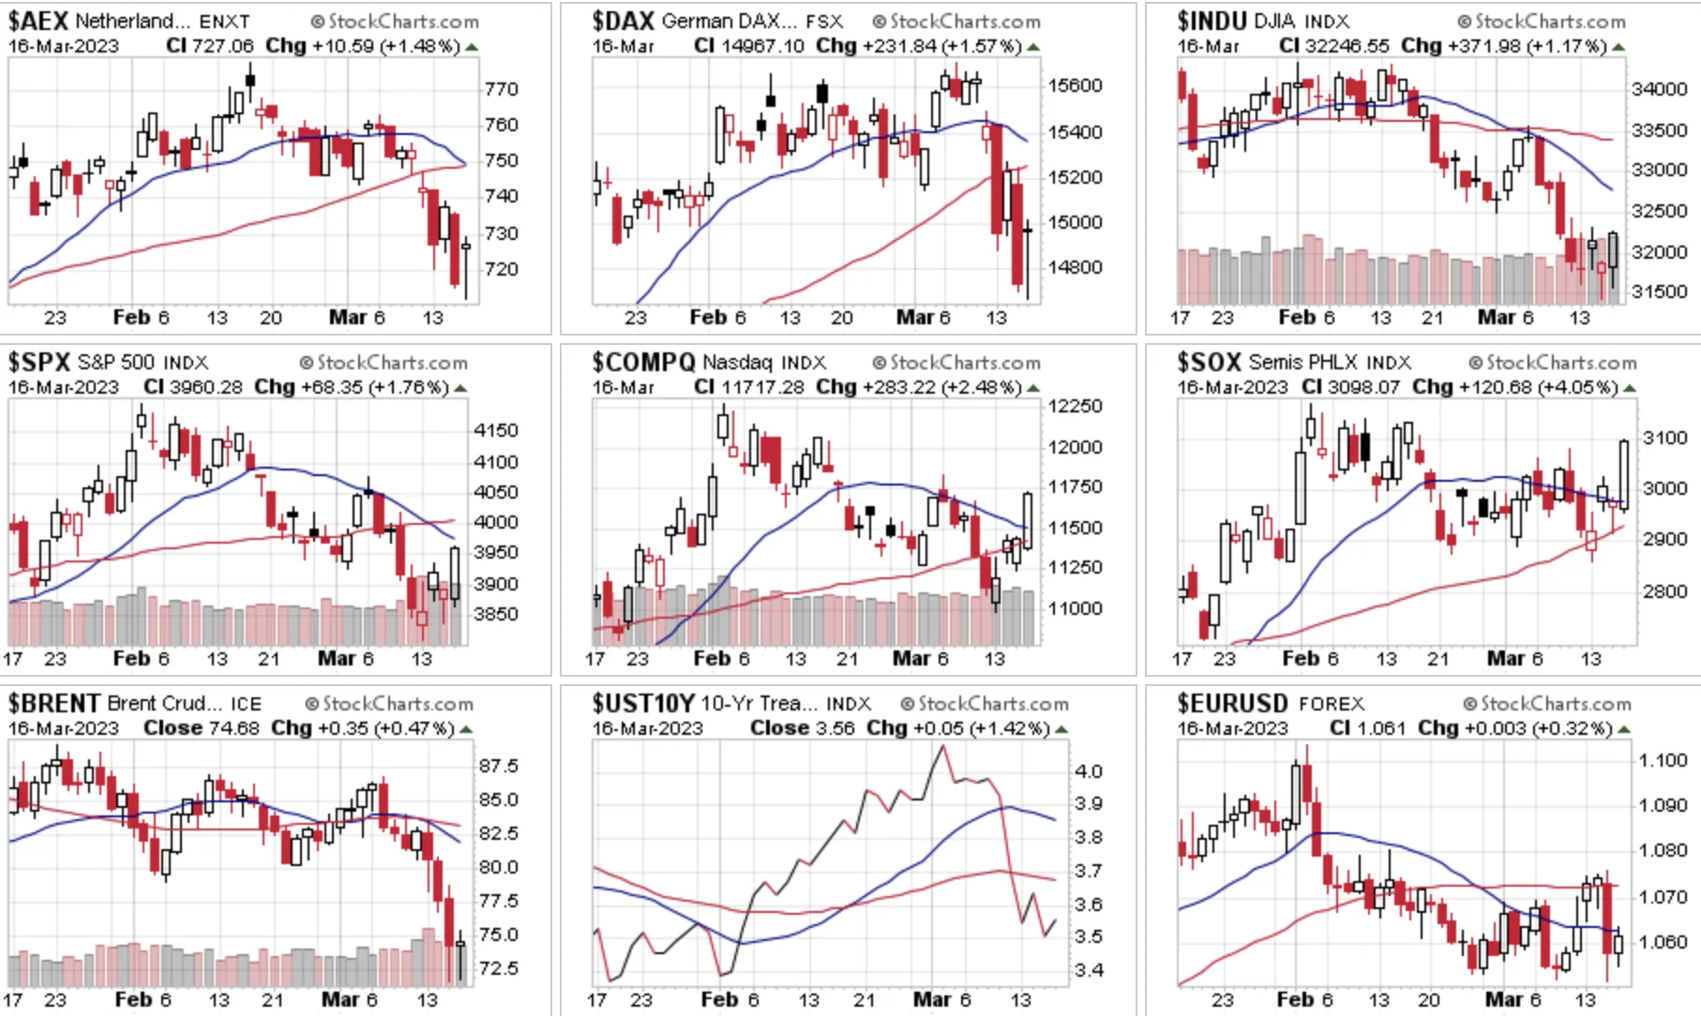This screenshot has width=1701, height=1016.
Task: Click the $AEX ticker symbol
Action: pyautogui.click(x=38, y=21)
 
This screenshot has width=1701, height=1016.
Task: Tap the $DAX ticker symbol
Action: pyautogui.click(x=623, y=21)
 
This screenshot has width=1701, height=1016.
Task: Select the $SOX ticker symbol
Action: pyautogui.click(x=1210, y=362)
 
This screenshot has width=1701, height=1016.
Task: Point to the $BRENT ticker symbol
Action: pyautogui.click(x=54, y=703)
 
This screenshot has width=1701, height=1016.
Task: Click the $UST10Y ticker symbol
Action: pyautogui.click(x=643, y=703)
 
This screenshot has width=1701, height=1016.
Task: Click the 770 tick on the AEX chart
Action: pyautogui.click(x=502, y=89)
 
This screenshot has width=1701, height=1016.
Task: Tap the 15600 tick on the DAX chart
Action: pyautogui.click(x=1075, y=85)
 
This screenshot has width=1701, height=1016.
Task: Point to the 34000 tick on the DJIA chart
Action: pyautogui.click(x=1660, y=89)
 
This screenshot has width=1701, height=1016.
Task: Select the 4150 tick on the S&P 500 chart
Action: pyautogui.click(x=496, y=430)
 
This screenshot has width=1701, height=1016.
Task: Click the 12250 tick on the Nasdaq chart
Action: pyautogui.click(x=1075, y=406)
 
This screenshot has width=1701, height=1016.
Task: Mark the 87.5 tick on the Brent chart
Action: pyautogui.click(x=498, y=766)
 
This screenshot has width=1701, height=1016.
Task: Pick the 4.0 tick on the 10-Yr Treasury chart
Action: pyautogui.click(x=1089, y=771)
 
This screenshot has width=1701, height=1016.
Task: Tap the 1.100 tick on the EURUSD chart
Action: pyautogui.click(x=1663, y=760)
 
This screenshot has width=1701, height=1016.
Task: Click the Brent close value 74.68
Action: pyautogui.click(x=233, y=728)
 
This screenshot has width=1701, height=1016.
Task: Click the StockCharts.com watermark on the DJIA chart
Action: pyautogui.click(x=1542, y=21)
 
